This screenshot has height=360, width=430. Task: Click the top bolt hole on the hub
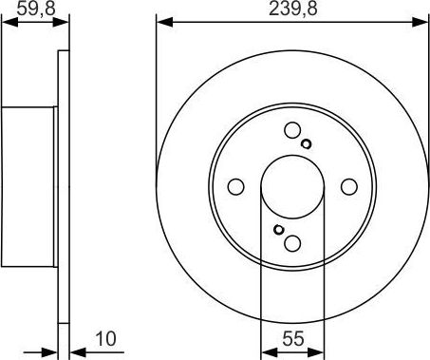tap(292, 132)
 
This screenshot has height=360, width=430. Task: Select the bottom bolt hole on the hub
tap(292, 242)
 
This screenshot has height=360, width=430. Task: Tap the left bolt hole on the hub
tap(237, 187)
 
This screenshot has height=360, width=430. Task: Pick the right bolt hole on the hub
tap(347, 187)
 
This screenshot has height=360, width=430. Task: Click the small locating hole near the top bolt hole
tap(307, 144)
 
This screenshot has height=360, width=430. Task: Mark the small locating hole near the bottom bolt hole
tap(277, 229)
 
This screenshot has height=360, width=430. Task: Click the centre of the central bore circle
tap(292, 187)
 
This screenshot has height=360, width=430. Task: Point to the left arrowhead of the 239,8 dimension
tap(161, 21)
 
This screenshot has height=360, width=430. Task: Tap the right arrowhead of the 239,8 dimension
tap(423, 21)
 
